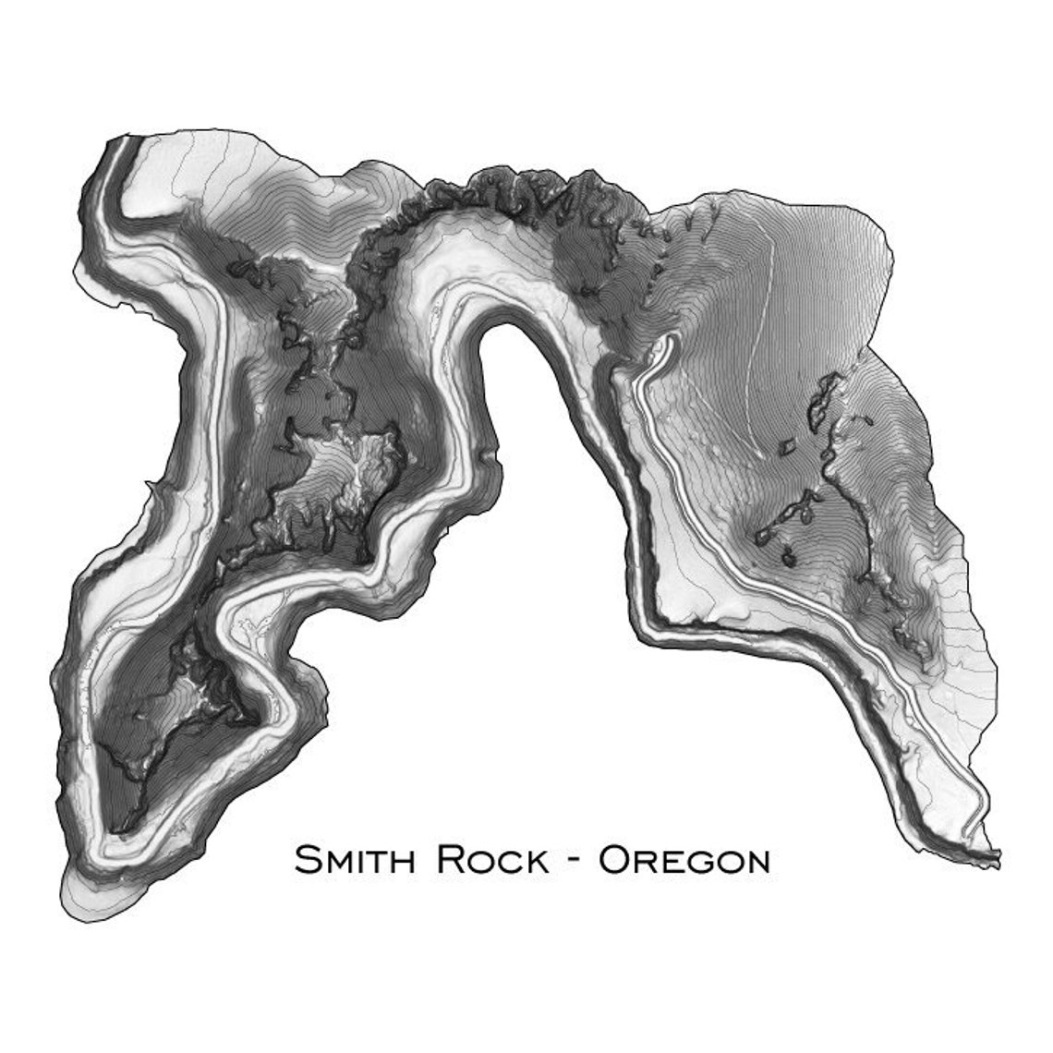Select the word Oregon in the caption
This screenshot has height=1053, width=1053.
point(684,860)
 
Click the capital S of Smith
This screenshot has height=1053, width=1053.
point(308,860)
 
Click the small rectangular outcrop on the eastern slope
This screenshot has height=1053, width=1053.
point(790,447)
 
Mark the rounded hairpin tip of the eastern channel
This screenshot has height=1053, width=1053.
point(667,344)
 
